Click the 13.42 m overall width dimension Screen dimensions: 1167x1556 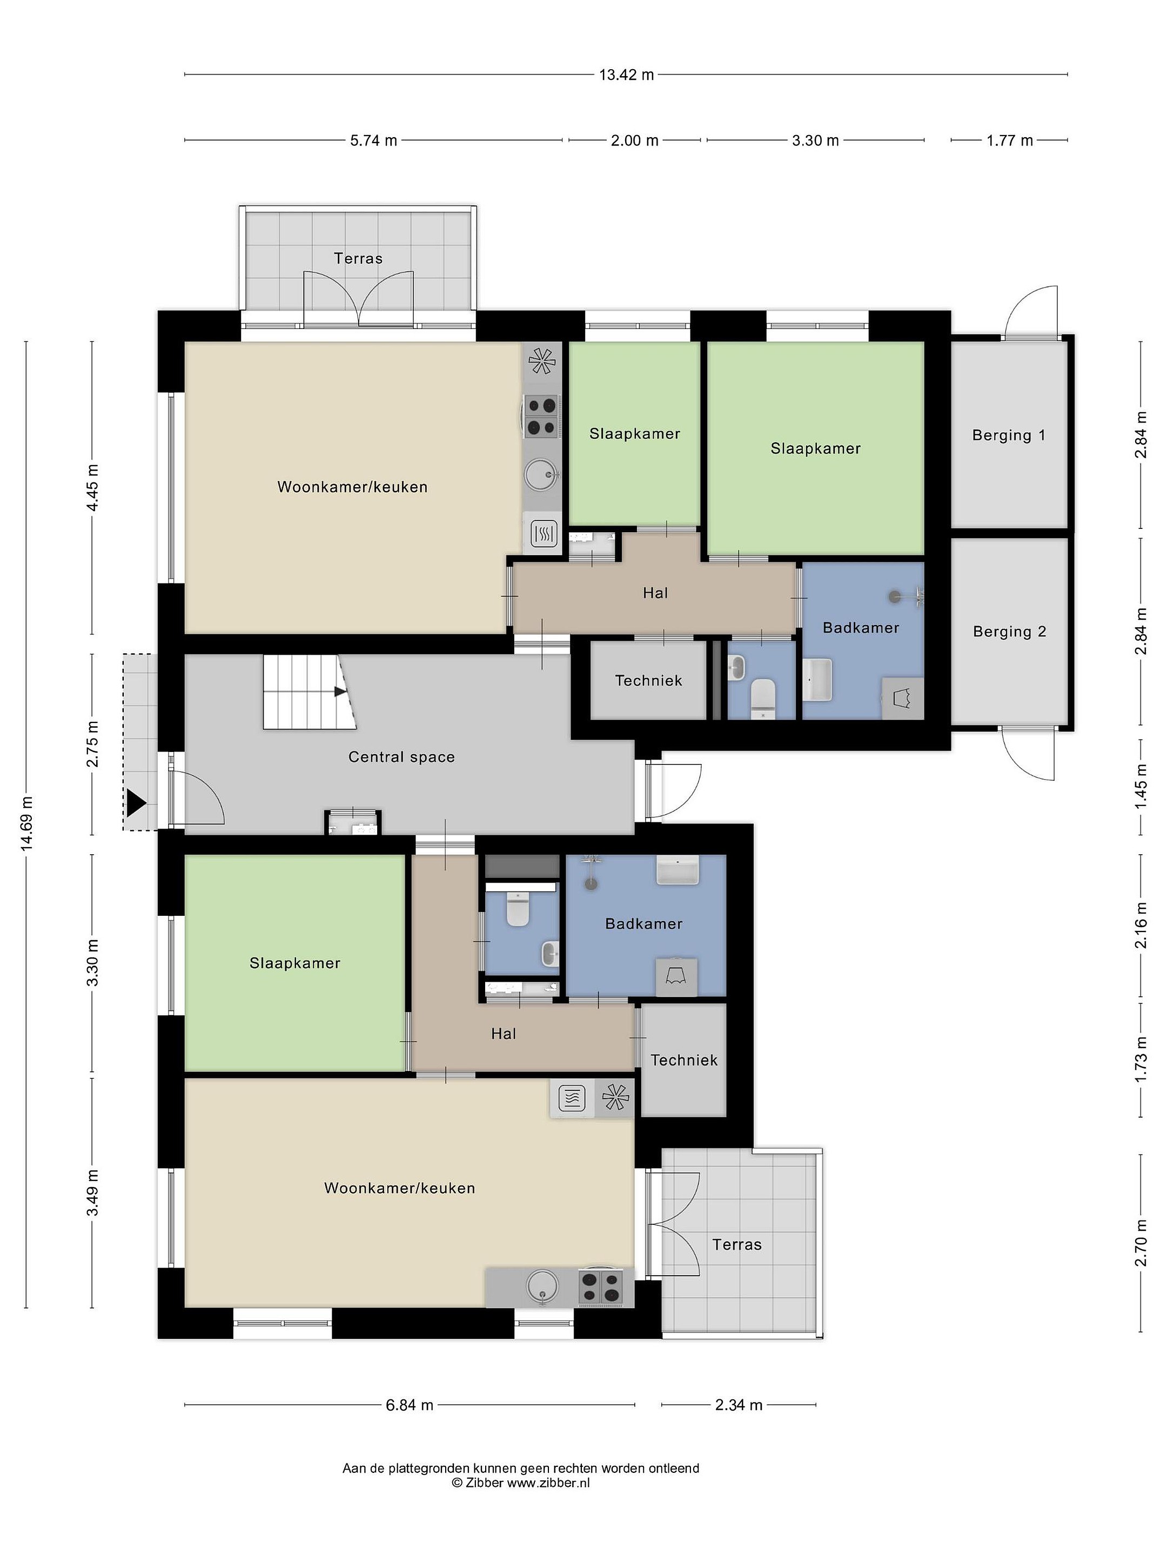(626, 75)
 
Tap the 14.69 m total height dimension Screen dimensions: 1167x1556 (26, 824)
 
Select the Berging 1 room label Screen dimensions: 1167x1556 (1009, 435)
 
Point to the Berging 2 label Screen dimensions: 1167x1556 (1009, 632)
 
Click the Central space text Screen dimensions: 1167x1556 (401, 757)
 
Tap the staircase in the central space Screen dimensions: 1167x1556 (310, 692)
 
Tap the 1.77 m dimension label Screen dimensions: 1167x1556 (1009, 140)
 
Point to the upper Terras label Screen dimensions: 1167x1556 (358, 258)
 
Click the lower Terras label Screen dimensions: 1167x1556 (736, 1244)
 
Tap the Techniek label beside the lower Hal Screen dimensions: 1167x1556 (684, 1060)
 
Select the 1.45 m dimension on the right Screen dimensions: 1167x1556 (1141, 785)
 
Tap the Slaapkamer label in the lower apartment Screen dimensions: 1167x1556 (295, 963)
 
